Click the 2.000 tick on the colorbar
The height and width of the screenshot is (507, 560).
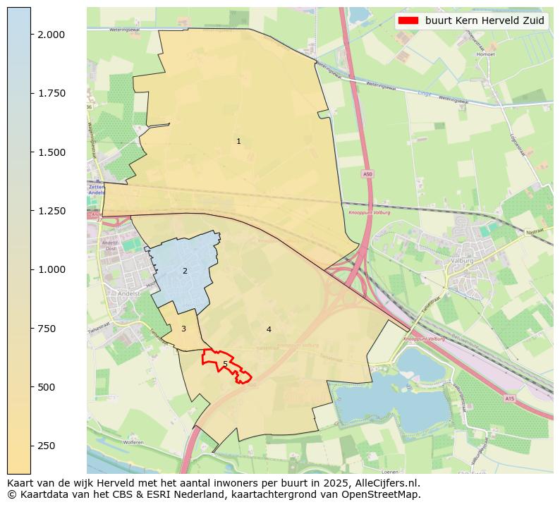click(x=51, y=35)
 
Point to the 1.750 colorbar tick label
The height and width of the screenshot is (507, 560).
click(x=51, y=93)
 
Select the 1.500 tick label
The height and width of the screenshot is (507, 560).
click(x=51, y=152)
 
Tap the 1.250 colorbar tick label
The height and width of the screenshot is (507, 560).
click(x=51, y=211)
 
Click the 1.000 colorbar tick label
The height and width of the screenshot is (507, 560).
click(x=51, y=269)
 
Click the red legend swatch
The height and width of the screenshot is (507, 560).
click(x=408, y=20)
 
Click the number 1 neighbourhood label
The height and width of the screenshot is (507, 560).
click(x=238, y=142)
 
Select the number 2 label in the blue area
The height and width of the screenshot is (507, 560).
click(x=185, y=271)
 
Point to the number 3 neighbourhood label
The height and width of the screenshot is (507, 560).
click(x=183, y=329)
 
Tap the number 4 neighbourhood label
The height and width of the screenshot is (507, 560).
click(x=269, y=330)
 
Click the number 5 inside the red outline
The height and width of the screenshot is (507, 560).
click(x=225, y=365)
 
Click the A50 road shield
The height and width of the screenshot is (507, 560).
click(x=367, y=173)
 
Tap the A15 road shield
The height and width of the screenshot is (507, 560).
click(x=509, y=399)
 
